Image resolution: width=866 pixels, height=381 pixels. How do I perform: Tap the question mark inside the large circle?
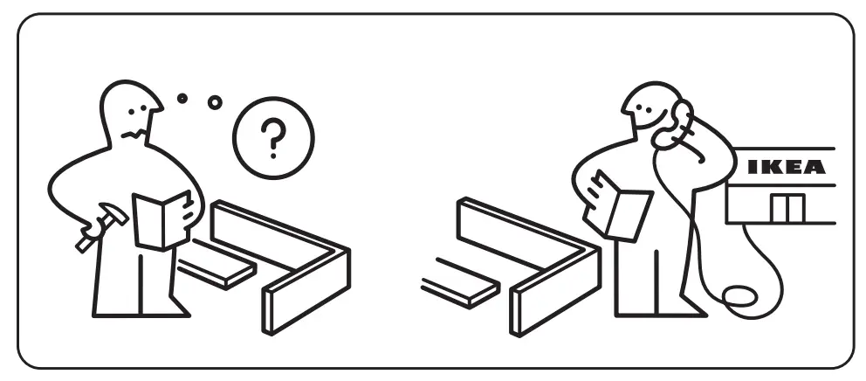[272, 137]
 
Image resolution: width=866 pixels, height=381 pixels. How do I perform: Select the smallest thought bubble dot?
[182, 99]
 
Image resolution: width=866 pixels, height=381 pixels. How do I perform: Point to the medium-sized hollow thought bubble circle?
[214, 102]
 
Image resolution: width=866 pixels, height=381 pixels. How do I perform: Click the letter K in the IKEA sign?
[771, 167]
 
